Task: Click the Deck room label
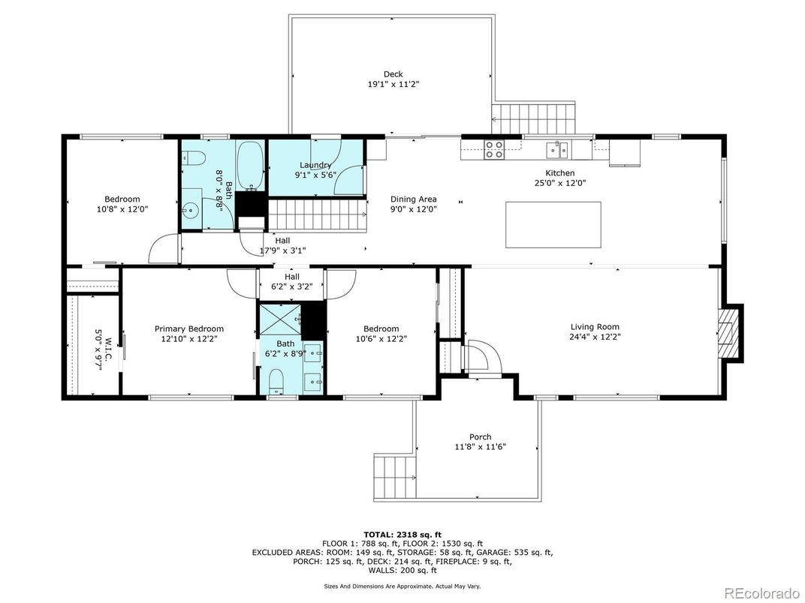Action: point(393,74)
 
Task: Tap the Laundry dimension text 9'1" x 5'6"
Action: point(315,175)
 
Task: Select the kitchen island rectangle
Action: point(553,224)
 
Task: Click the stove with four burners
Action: point(494,149)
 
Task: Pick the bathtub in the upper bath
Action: point(250,164)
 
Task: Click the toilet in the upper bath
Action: point(192,158)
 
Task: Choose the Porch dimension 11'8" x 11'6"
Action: point(480,446)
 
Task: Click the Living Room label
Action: point(595,327)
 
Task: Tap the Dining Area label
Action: point(413,199)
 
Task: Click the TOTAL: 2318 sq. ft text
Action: point(402,535)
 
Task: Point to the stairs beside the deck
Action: point(533,118)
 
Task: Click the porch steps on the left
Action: point(394,477)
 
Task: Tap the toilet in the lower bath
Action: point(276,382)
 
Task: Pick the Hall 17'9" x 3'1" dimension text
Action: point(282,250)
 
